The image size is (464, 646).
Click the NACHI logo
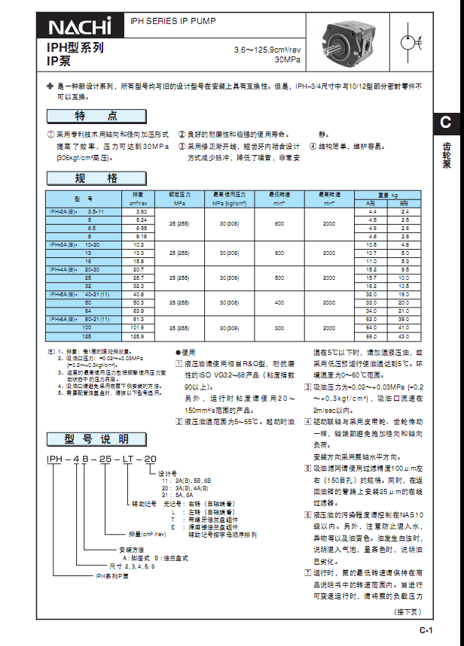(x=79, y=27)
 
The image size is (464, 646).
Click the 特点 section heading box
(x=95, y=116)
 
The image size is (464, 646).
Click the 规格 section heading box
(x=95, y=178)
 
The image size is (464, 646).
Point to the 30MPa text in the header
(x=285, y=59)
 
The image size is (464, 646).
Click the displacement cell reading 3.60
(x=140, y=213)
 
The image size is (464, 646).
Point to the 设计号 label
(x=166, y=472)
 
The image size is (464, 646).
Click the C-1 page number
(x=426, y=630)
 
